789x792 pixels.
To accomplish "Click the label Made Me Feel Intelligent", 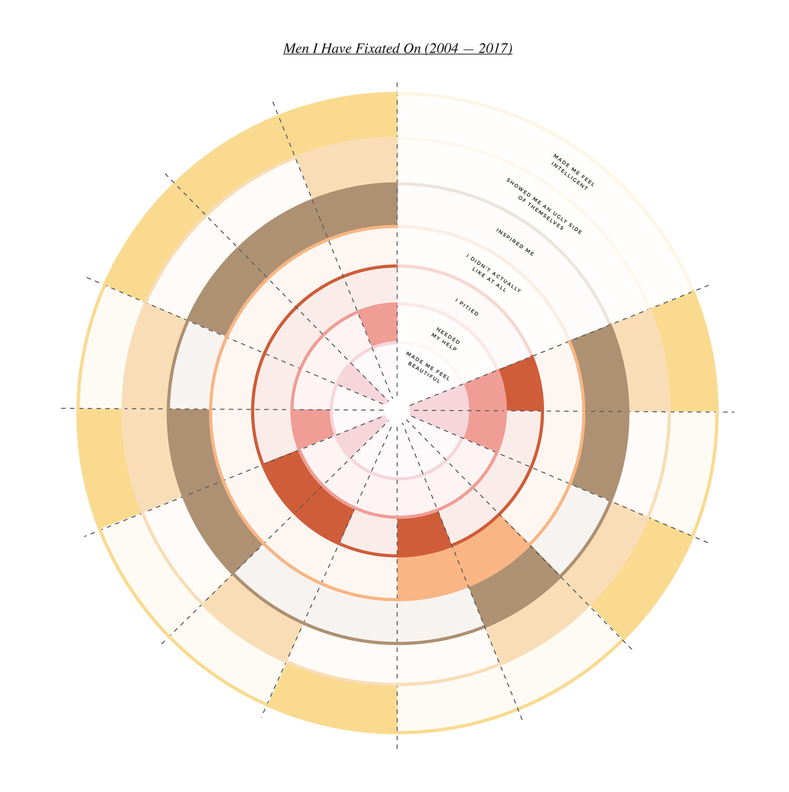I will click(573, 173).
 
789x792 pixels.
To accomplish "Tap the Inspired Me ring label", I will click(515, 243).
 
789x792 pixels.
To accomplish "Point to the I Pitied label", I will click(467, 308).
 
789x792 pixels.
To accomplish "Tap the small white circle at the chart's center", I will click(397, 409).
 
